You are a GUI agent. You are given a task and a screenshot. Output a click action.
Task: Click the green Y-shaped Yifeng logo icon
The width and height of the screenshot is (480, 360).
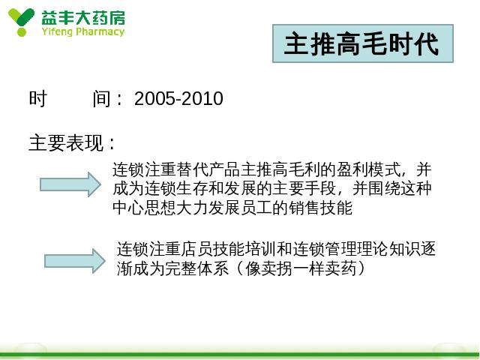pyautogui.click(x=21, y=22)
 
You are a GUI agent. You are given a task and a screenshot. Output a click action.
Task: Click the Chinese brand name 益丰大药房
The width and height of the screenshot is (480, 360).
pyautogui.click(x=83, y=18)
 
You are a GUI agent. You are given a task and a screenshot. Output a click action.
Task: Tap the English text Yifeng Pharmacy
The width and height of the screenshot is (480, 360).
pyautogui.click(x=83, y=31)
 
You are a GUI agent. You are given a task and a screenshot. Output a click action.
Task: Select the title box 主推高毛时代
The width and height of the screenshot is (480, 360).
pyautogui.click(x=363, y=43)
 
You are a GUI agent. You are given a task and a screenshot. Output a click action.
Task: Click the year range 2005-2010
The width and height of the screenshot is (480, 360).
pyautogui.click(x=178, y=98)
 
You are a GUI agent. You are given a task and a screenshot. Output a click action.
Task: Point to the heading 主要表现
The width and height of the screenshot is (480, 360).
pyautogui.click(x=66, y=142)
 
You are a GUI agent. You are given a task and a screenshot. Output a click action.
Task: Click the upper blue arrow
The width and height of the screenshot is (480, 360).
pyautogui.click(x=70, y=184)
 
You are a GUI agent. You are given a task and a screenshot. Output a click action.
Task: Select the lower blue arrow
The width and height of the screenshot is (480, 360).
pyautogui.click(x=75, y=261)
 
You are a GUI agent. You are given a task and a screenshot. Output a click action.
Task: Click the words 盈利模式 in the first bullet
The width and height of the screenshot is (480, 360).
pyautogui.click(x=369, y=169)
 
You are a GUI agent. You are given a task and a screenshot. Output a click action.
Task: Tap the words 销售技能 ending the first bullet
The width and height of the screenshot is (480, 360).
pyautogui.click(x=320, y=208)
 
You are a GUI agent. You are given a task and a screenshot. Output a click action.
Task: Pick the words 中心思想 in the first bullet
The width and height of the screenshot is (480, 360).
pyautogui.click(x=145, y=208)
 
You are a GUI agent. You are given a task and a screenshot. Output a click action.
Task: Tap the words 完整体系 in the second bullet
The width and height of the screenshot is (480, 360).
pyautogui.click(x=196, y=268)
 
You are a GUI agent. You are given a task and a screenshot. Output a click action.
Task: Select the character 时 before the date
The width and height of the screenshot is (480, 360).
pyautogui.click(x=38, y=98)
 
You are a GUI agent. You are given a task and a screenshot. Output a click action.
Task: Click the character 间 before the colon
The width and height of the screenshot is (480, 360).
pyautogui.click(x=102, y=98)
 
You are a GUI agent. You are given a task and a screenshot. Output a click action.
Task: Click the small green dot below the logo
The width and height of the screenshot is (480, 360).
pyautogui.click(x=22, y=32)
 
